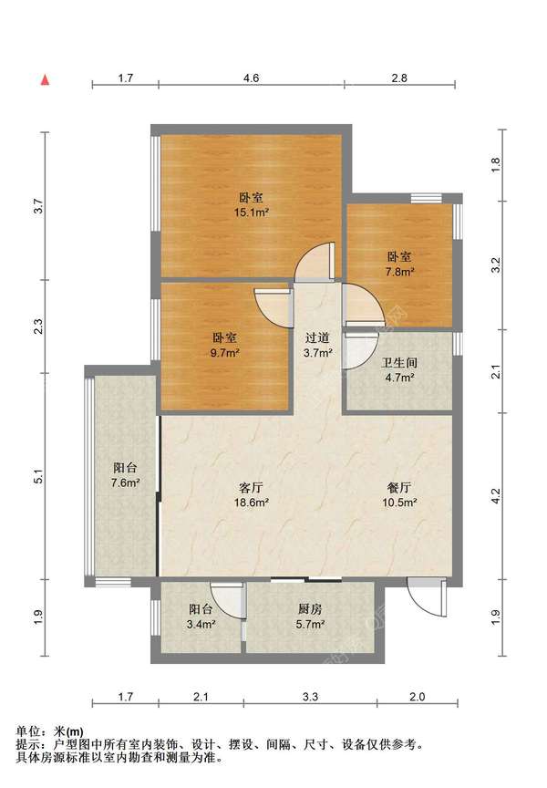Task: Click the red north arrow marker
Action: [46, 80]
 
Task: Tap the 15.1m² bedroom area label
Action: [251, 205]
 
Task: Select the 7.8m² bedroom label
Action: [399, 264]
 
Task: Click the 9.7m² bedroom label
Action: [224, 346]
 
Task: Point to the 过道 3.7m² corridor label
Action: [317, 346]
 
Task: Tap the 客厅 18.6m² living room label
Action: [251, 494]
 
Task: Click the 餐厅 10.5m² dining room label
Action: [400, 494]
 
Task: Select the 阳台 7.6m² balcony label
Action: [125, 475]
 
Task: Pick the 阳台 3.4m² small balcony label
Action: [201, 617]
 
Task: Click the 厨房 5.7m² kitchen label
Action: [310, 617]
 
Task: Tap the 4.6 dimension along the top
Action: [251, 78]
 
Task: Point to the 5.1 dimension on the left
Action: [39, 476]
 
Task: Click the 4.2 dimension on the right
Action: [496, 496]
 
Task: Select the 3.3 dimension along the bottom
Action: [310, 697]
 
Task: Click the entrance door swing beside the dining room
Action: [427, 597]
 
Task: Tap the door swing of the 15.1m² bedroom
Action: [315, 262]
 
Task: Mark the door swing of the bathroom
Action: [361, 351]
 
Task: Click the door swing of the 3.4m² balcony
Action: [229, 600]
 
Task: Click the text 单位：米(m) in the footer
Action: [50, 731]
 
